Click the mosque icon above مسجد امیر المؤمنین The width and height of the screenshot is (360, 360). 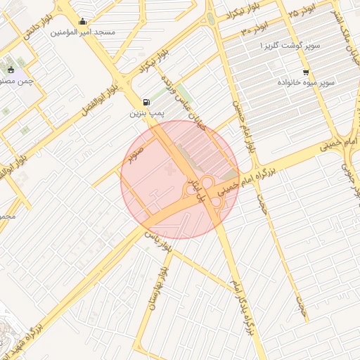(x=83, y=22)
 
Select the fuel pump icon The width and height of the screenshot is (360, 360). (x=146, y=103)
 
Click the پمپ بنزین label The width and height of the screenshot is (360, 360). (x=146, y=113)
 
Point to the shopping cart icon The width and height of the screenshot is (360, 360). (x=305, y=72)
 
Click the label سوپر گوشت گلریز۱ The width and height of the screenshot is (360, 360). (x=290, y=46)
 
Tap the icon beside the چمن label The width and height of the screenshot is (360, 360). (x=11, y=70)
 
